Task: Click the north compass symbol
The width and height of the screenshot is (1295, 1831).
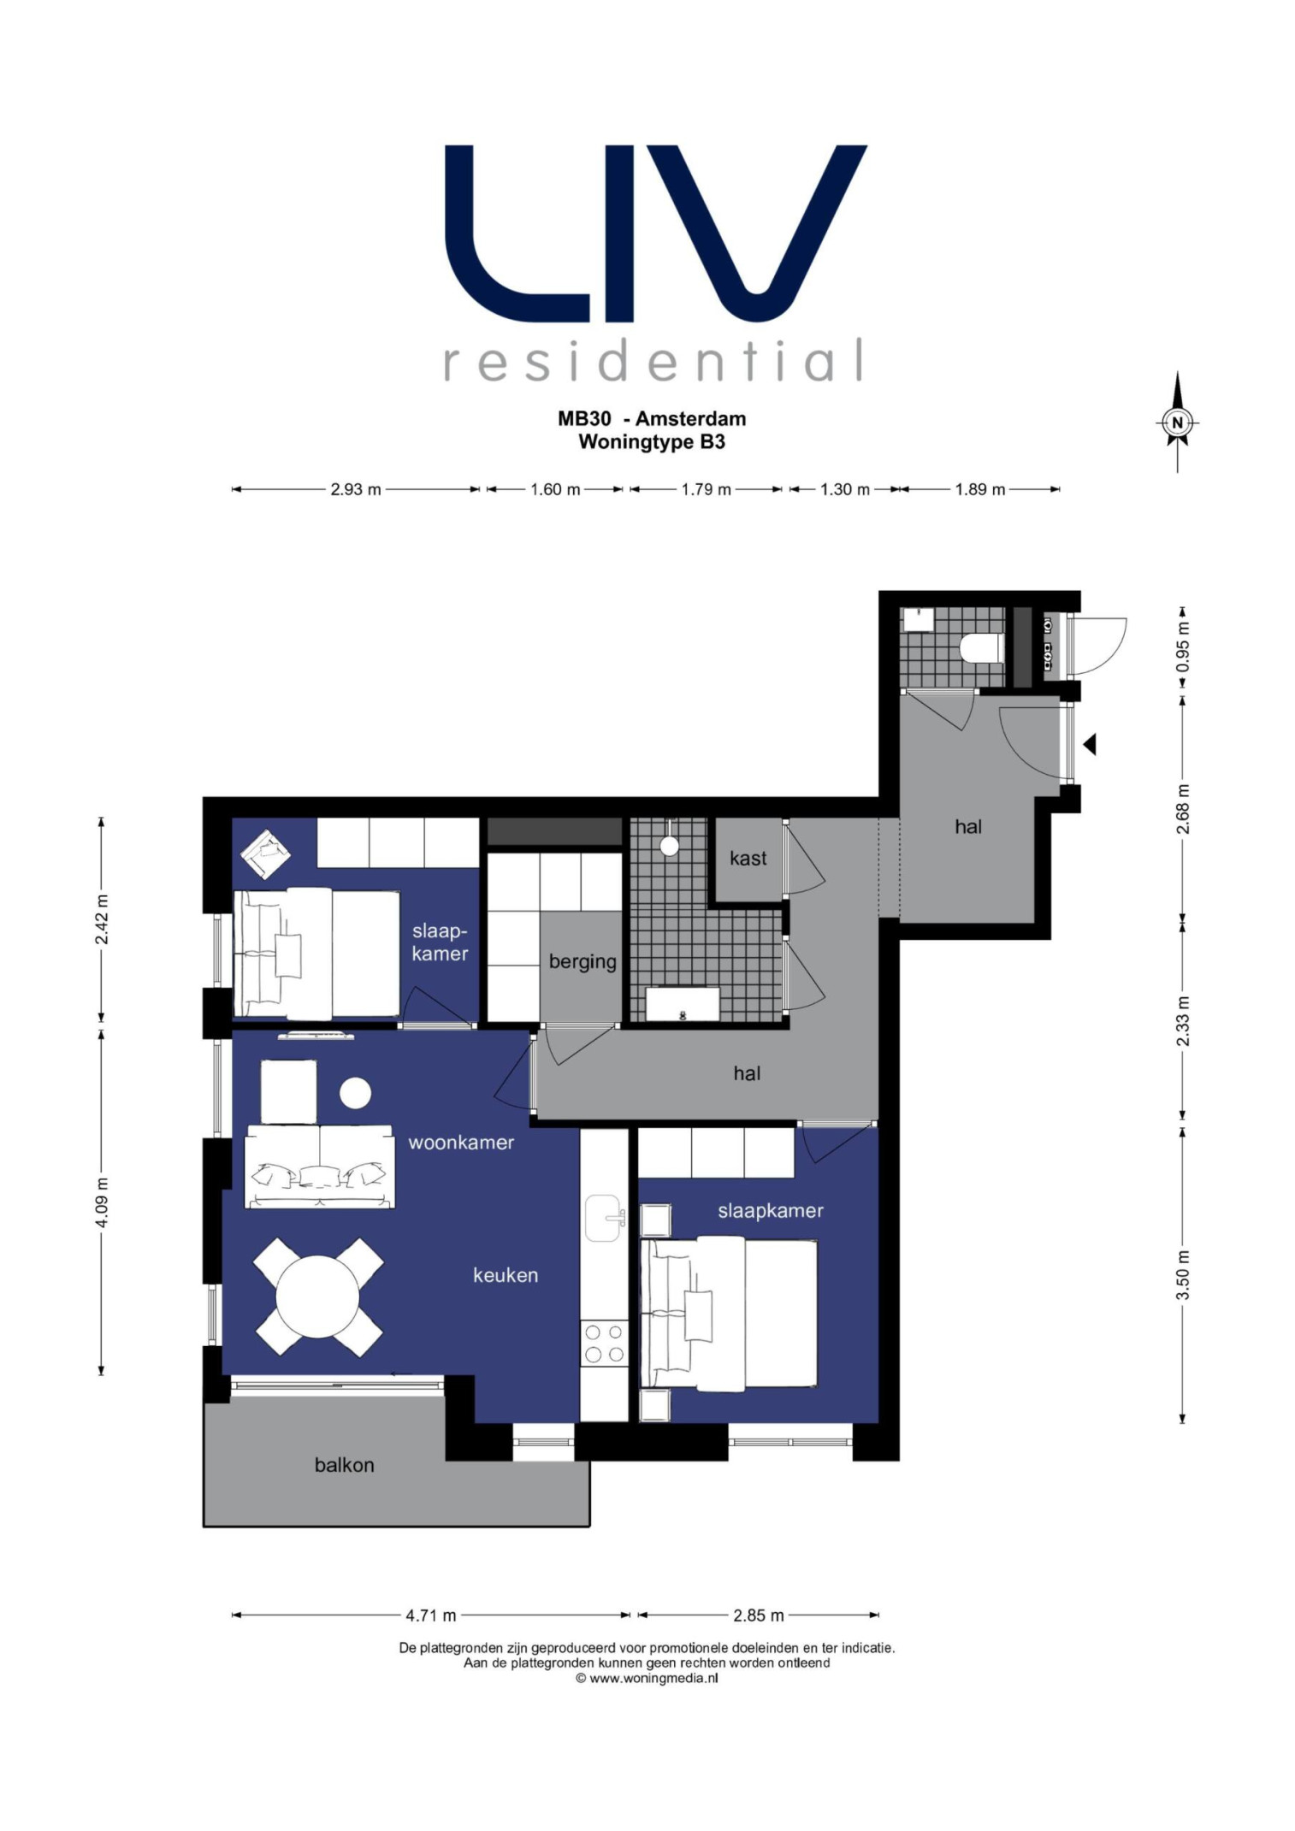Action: tap(1177, 422)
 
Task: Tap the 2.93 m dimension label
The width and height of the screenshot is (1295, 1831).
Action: tap(356, 490)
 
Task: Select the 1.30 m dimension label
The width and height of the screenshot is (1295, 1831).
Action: tap(844, 490)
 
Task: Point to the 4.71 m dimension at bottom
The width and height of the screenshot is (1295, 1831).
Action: tap(431, 1615)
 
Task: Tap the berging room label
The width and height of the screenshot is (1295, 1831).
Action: tap(582, 962)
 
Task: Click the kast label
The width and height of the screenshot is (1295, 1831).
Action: tap(748, 859)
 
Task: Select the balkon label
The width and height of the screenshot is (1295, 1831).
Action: tap(344, 1465)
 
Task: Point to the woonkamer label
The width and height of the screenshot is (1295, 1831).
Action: tap(461, 1143)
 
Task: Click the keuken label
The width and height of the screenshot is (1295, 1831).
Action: tap(506, 1275)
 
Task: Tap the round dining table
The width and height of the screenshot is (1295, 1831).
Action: tap(317, 1296)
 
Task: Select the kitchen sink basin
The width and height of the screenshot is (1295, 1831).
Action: tap(603, 1218)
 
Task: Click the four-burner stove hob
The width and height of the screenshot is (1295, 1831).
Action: tap(604, 1344)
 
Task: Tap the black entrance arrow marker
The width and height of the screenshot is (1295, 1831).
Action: tap(1090, 744)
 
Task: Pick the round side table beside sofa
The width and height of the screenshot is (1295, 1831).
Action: tap(355, 1093)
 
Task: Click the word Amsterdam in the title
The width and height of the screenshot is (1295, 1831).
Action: tap(690, 419)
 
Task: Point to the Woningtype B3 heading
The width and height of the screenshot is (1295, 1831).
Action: tap(652, 442)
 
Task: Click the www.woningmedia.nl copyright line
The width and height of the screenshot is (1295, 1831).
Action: tap(647, 1679)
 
